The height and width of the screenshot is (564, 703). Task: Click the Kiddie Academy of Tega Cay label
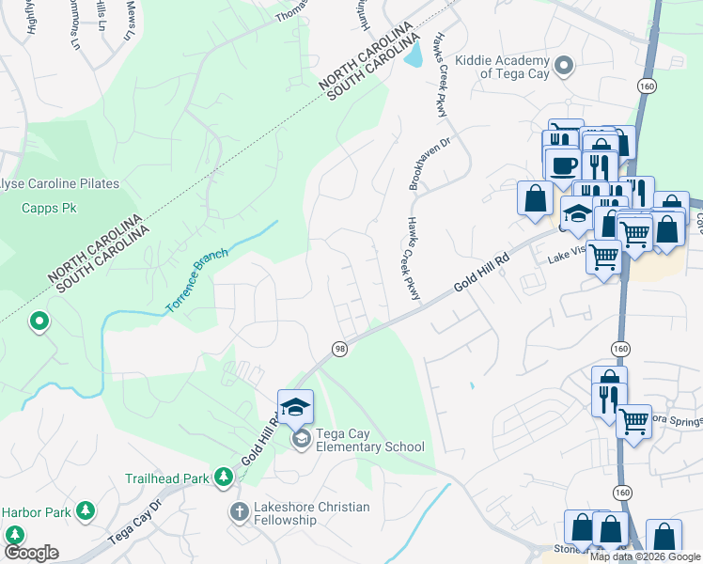(x=498, y=66)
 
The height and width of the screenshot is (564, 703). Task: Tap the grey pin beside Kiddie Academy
(x=564, y=66)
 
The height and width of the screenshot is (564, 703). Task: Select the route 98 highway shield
(x=338, y=349)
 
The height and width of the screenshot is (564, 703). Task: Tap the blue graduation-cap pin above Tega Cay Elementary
(x=296, y=408)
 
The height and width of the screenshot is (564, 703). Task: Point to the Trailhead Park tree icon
(x=223, y=478)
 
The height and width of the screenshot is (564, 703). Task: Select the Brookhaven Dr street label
(x=417, y=162)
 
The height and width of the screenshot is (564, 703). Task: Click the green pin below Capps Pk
(x=39, y=322)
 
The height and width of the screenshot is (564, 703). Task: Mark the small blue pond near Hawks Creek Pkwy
(x=413, y=56)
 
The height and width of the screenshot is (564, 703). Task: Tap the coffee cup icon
(x=563, y=165)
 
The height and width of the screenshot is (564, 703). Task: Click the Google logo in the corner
(x=30, y=552)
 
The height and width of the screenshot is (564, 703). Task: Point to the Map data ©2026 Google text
(x=645, y=556)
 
